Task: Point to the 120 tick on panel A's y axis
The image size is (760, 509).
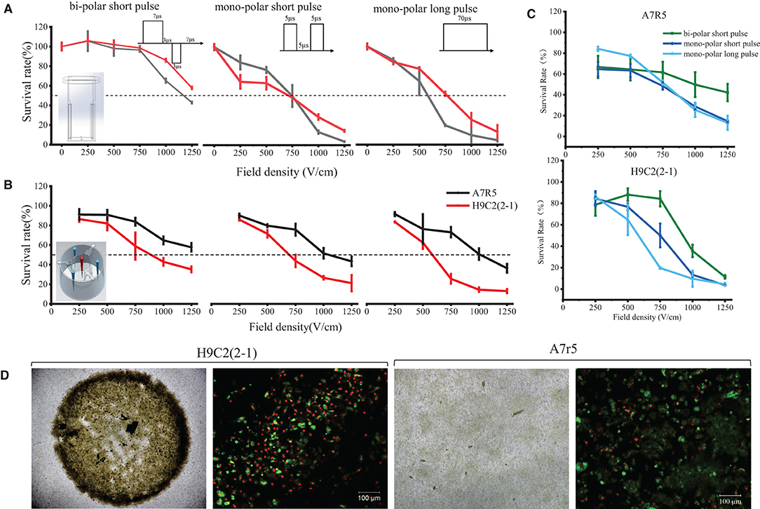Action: pyautogui.click(x=45, y=27)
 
